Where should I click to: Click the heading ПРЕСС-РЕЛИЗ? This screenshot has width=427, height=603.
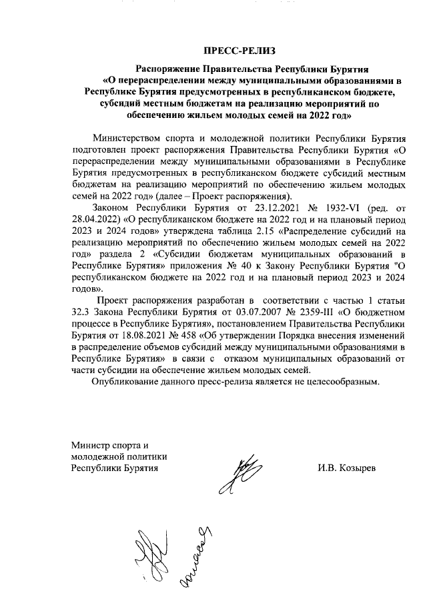coord(239,51)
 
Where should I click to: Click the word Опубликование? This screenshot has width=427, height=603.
coord(131,382)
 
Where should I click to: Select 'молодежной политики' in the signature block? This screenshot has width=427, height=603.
coord(118,456)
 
